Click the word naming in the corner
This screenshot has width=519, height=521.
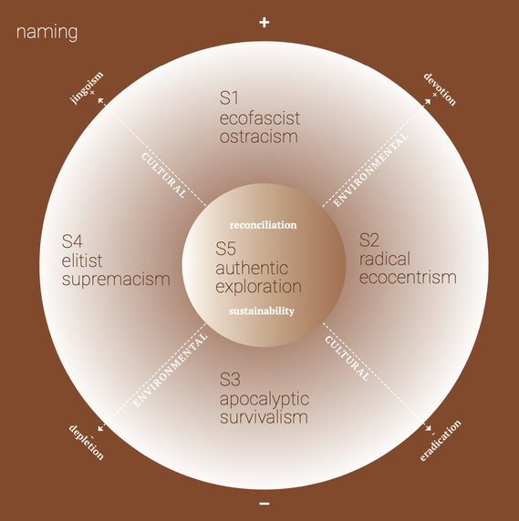(47, 33)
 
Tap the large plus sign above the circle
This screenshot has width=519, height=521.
(265, 23)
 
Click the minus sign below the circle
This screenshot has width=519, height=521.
(265, 504)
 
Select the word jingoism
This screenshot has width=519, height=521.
(87, 87)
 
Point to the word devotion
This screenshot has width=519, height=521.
(440, 89)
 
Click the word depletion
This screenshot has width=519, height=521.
(87, 442)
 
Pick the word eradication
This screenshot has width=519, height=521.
(441, 441)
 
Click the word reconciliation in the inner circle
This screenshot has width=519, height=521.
(263, 225)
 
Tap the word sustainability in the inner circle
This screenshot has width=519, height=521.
(262, 311)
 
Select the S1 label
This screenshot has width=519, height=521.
(229, 98)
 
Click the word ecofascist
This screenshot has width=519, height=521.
(259, 118)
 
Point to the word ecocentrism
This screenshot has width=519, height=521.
(408, 278)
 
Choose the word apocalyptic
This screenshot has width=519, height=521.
(265, 400)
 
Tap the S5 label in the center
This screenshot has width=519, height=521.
(225, 249)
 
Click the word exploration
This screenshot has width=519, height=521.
(258, 287)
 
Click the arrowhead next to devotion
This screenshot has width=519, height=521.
(428, 101)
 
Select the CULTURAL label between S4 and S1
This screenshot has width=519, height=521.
(163, 176)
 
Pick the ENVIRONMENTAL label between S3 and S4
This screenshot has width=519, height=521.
(170, 370)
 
